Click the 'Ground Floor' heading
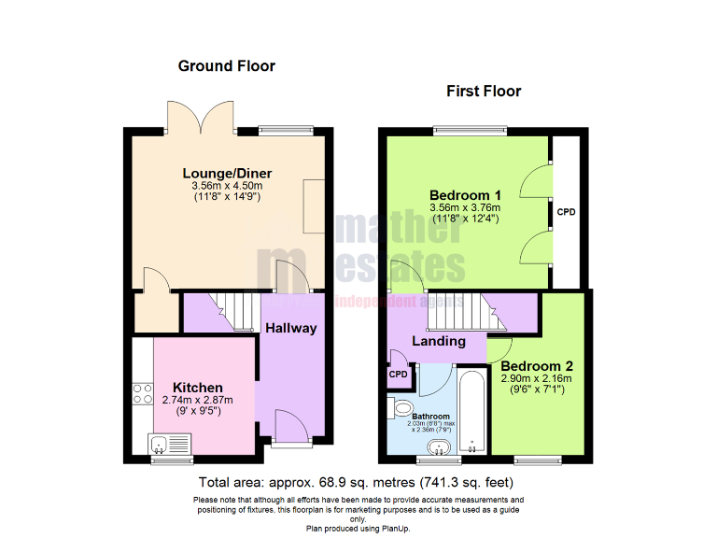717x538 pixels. (x=226, y=66)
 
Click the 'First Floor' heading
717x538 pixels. (x=484, y=92)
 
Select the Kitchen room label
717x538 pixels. (x=197, y=388)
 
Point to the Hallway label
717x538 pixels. (x=290, y=328)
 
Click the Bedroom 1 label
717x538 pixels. (x=464, y=195)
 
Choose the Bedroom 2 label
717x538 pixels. (x=536, y=366)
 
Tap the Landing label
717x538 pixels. (x=439, y=341)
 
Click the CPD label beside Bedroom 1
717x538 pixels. (x=566, y=212)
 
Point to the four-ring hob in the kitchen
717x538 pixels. (x=144, y=393)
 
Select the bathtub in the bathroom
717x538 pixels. (x=471, y=412)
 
